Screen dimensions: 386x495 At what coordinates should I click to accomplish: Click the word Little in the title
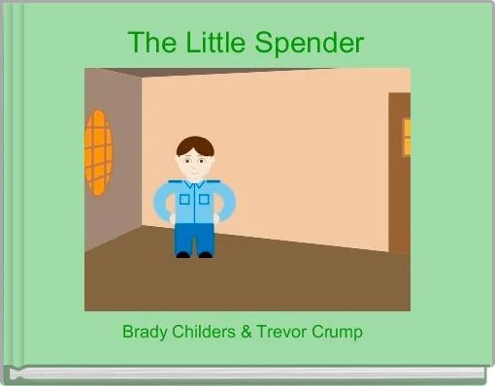212,44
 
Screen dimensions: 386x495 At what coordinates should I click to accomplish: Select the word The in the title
148,44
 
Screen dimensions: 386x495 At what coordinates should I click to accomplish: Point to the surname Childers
203,332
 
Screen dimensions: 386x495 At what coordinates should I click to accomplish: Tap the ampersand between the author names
247,332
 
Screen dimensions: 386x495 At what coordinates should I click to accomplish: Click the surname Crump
337,332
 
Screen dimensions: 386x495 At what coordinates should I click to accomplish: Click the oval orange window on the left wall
98,151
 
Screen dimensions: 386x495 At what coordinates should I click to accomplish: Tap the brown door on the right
399,175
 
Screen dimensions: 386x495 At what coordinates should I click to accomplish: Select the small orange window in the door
406,137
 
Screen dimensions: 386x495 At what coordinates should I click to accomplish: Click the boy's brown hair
195,145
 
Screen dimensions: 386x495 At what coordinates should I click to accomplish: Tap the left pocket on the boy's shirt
184,200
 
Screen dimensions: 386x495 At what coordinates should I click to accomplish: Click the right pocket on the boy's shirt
205,200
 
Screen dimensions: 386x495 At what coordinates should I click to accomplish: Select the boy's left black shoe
183,254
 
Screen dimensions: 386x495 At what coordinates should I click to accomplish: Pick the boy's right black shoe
205,254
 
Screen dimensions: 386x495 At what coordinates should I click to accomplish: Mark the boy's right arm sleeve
228,202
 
